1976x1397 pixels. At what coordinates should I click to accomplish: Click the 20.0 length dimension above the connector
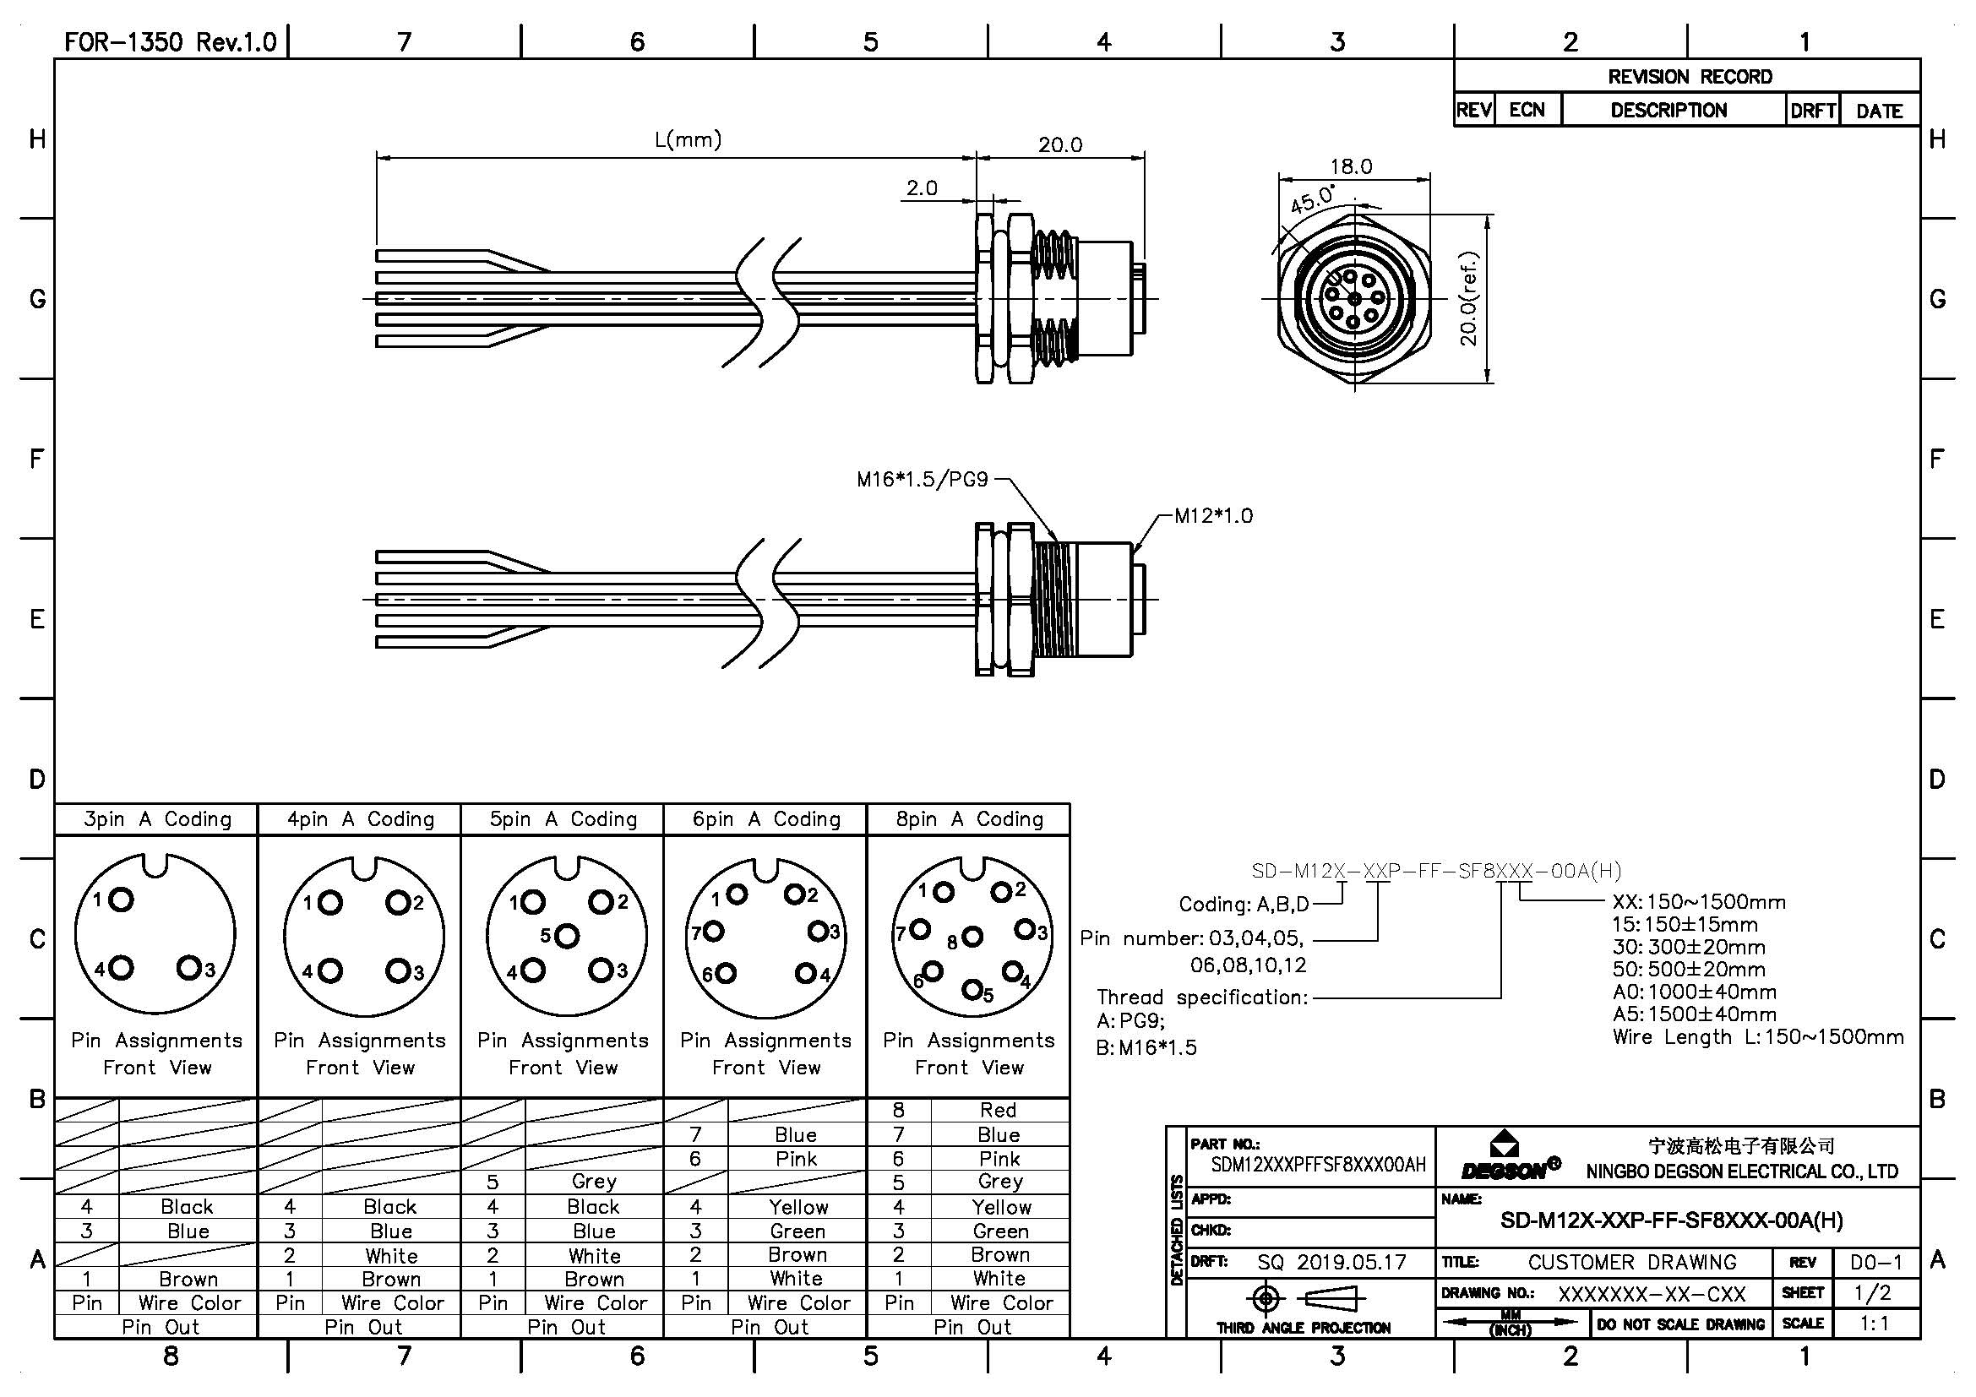point(1059,144)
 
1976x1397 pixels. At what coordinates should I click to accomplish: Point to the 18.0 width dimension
point(1350,167)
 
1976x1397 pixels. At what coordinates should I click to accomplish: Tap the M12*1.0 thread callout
point(1213,516)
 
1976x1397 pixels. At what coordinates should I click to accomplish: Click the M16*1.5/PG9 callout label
point(922,480)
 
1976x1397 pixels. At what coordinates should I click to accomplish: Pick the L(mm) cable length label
point(688,139)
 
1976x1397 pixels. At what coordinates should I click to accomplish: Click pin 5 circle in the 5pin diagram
point(567,935)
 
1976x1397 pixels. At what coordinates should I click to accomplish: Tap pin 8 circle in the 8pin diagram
point(972,937)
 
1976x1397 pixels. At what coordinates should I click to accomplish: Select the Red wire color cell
point(999,1111)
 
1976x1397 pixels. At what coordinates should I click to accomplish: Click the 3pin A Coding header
point(157,819)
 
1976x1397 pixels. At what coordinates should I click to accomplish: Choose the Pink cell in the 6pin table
point(796,1159)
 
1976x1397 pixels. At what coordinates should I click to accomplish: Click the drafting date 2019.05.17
point(1351,1262)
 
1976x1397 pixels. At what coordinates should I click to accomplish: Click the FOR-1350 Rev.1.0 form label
point(171,42)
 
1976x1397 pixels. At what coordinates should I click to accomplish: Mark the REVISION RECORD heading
point(1690,77)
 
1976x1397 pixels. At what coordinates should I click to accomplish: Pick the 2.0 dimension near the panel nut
point(922,188)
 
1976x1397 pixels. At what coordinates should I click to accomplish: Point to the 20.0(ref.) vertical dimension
point(1469,298)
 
